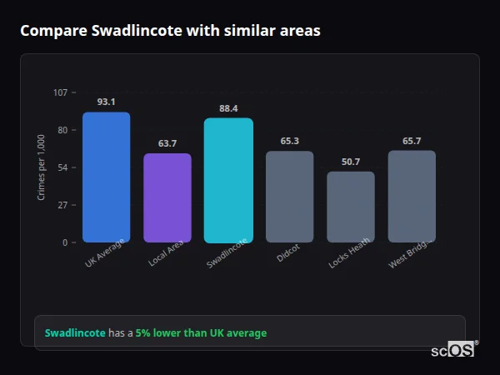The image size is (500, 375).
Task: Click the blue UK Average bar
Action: pyautogui.click(x=106, y=177)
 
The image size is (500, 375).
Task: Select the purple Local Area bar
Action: pyautogui.click(x=167, y=197)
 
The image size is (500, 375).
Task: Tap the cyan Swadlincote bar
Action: pyautogui.click(x=228, y=180)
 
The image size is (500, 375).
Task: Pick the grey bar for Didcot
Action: pyautogui.click(x=289, y=197)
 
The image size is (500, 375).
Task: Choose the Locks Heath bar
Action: pyautogui.click(x=351, y=207)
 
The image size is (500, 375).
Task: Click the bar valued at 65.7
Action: pyautogui.click(x=412, y=196)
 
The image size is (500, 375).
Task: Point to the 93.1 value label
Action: pyautogui.click(x=106, y=102)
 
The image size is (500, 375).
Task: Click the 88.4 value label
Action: pyautogui.click(x=228, y=108)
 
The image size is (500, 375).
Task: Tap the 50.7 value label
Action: pyautogui.click(x=351, y=162)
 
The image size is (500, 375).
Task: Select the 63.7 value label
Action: pyautogui.click(x=167, y=143)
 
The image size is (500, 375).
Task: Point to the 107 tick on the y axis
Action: pyautogui.click(x=61, y=92)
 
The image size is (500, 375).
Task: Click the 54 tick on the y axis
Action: pyautogui.click(x=62, y=167)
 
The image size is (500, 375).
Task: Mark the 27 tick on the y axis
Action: pyautogui.click(x=62, y=205)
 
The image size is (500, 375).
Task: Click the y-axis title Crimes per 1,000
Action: pyautogui.click(x=41, y=167)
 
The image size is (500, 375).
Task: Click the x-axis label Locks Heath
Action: pyautogui.click(x=349, y=253)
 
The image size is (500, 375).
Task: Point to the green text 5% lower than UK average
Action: pyautogui.click(x=201, y=333)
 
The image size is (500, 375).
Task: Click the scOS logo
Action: pyautogui.click(x=453, y=351)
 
